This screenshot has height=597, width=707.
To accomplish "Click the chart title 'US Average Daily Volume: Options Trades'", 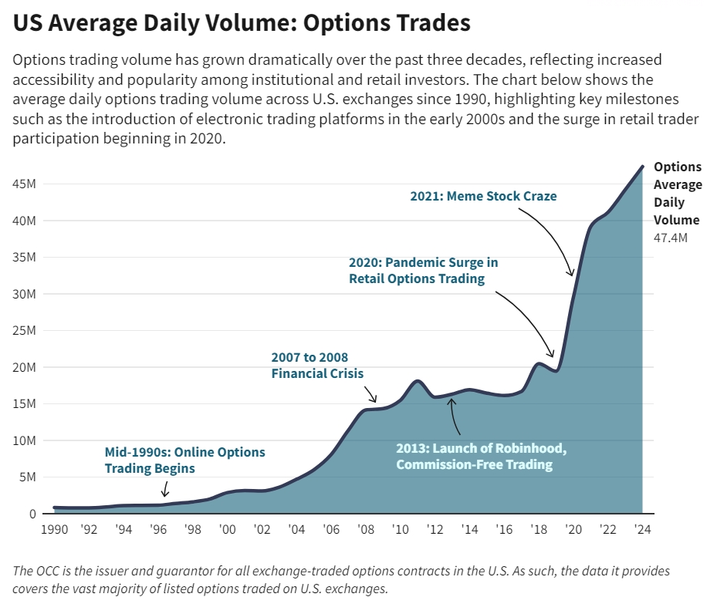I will pos(242,23).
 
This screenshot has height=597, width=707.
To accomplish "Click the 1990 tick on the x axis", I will pos(54,530).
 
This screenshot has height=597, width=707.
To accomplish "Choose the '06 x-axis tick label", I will pos(331,530).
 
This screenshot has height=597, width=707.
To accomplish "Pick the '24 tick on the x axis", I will pos(642,530).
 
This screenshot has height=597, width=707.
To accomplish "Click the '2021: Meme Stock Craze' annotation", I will pos(483,196).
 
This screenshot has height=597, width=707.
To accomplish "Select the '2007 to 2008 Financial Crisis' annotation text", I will pos(317,366).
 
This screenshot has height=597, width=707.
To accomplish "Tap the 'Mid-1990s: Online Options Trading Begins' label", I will pos(184,460).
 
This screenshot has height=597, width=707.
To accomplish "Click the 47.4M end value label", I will pos(670,238).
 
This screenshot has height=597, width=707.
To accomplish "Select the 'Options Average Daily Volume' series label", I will pos(677,193).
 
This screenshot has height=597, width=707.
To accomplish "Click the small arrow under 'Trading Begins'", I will pos(164,491).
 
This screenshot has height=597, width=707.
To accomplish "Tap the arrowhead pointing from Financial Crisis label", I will pos(375,400).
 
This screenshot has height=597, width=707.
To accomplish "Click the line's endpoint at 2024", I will pos(642,166).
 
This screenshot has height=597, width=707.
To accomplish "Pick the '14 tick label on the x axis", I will pos(469,530).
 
